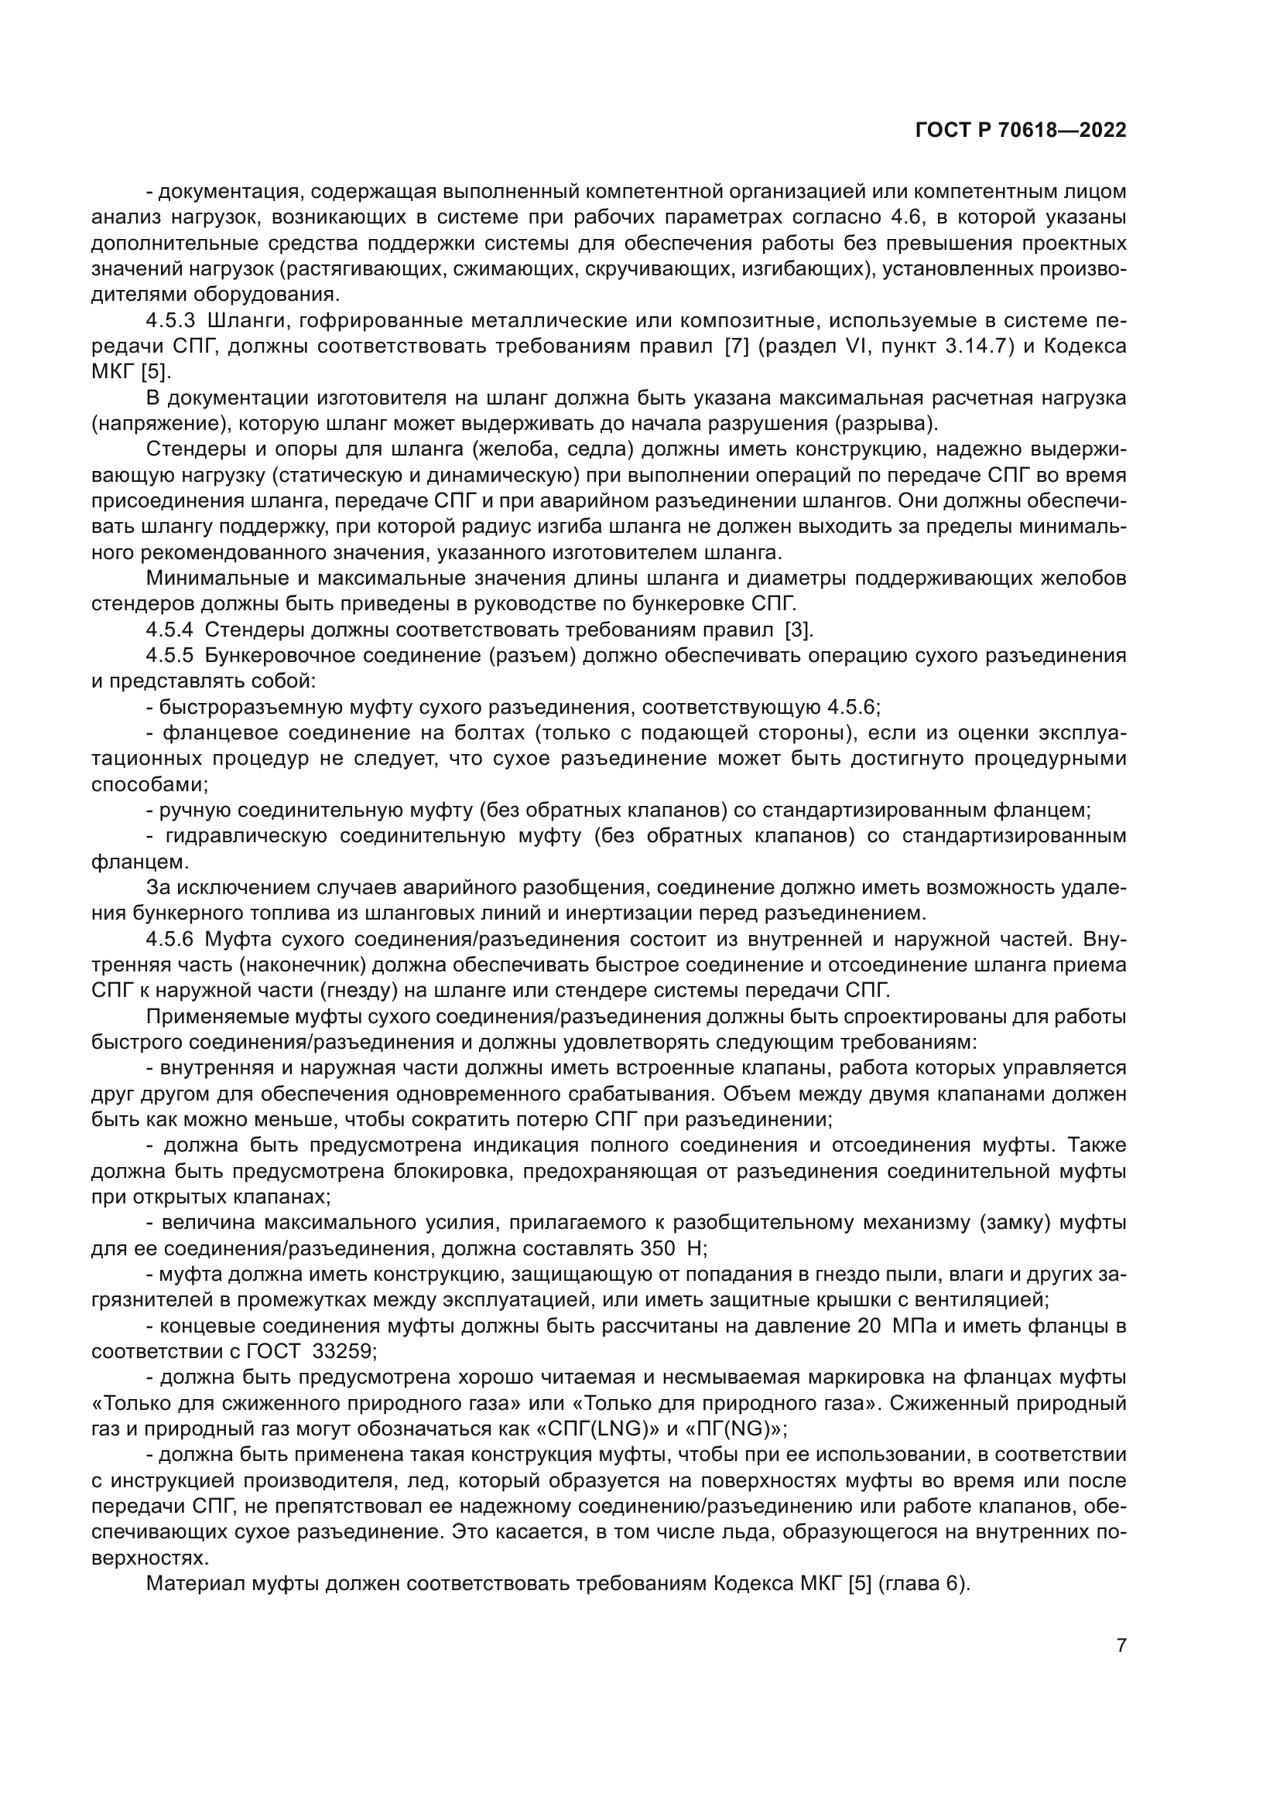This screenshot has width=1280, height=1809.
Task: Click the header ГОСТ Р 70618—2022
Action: pos(1021,131)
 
